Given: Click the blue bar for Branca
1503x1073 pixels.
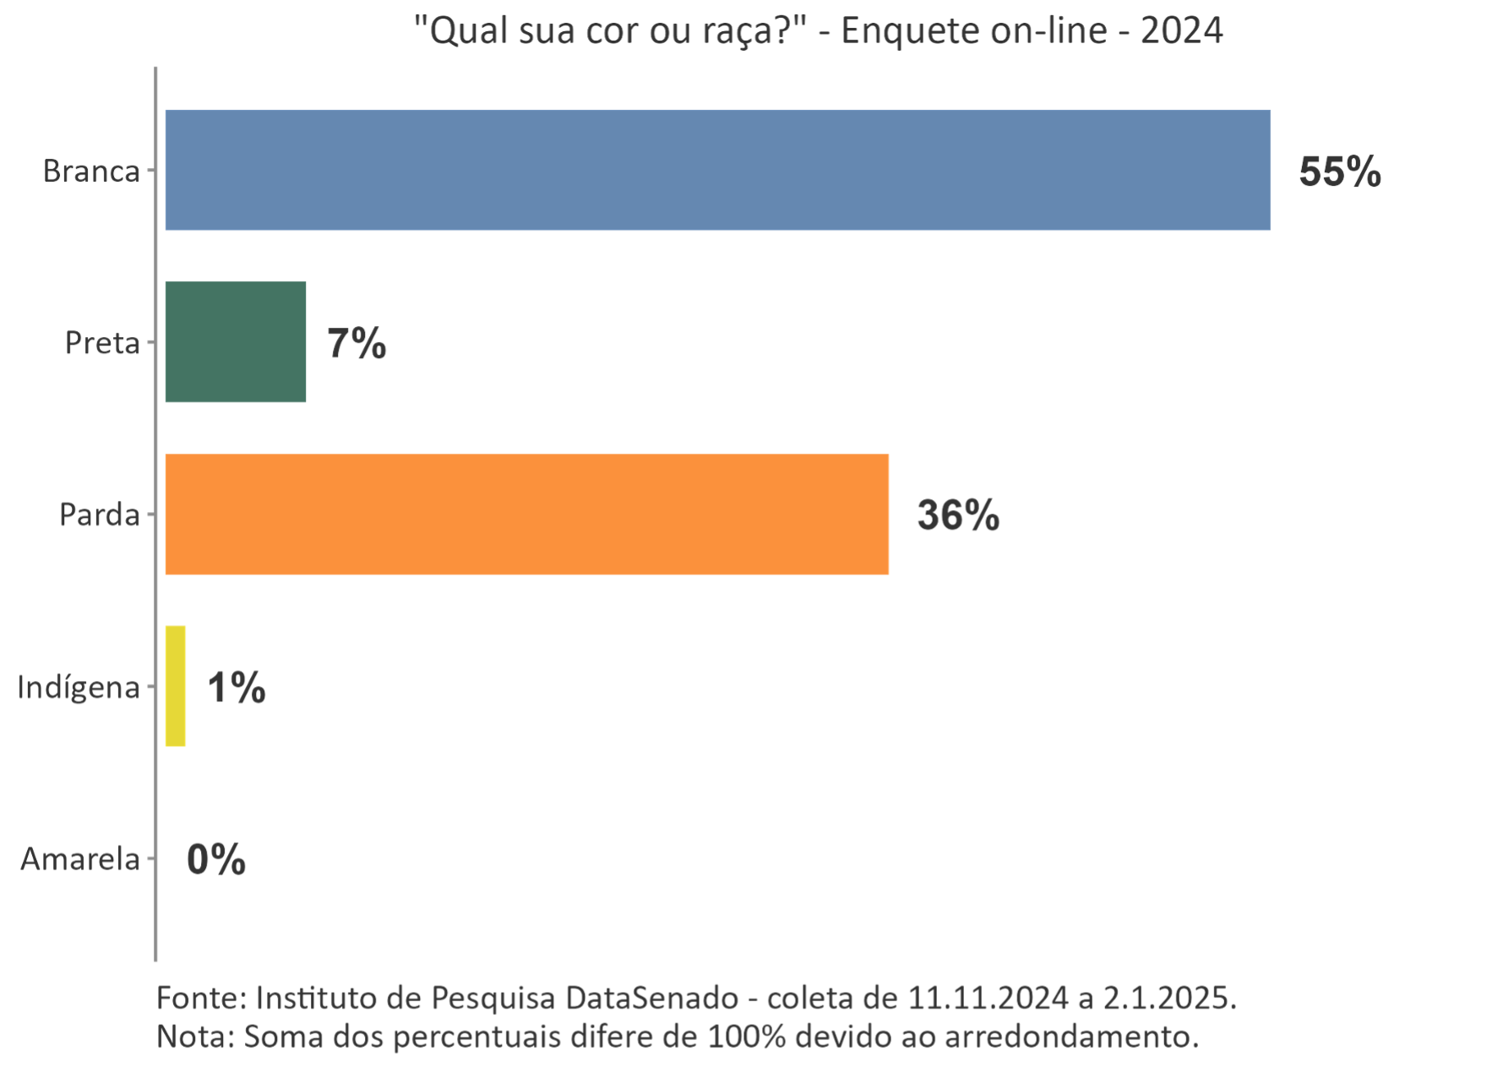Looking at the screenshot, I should tap(717, 170).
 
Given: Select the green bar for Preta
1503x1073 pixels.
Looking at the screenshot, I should tap(235, 342).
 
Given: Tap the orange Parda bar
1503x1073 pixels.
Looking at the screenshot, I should tap(526, 515).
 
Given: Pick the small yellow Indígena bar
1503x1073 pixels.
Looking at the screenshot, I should tap(175, 686).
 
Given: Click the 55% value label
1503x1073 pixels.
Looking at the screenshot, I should tap(1339, 172).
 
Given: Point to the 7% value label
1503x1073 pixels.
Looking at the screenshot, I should tap(357, 344).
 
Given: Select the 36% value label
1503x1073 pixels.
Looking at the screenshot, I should tap(958, 515).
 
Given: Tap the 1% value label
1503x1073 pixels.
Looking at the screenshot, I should tap(237, 688).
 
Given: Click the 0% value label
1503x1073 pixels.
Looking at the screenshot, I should tap(216, 859).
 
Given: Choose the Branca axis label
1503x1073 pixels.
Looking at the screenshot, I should tap(91, 172).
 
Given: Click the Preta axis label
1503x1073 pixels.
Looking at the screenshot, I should tap(102, 343).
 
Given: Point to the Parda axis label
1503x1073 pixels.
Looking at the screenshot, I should tap(99, 515).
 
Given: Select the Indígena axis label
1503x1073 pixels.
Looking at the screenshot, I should tap(79, 687).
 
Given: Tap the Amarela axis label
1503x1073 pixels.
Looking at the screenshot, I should tap(80, 859).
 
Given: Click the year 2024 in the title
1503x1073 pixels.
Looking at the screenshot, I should tap(1181, 32).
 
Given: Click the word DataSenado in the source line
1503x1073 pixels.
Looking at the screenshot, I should tap(651, 998).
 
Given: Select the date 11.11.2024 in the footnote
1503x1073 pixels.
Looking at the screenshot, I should tap(988, 998).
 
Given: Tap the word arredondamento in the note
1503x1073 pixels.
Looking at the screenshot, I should tap(1070, 1036).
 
